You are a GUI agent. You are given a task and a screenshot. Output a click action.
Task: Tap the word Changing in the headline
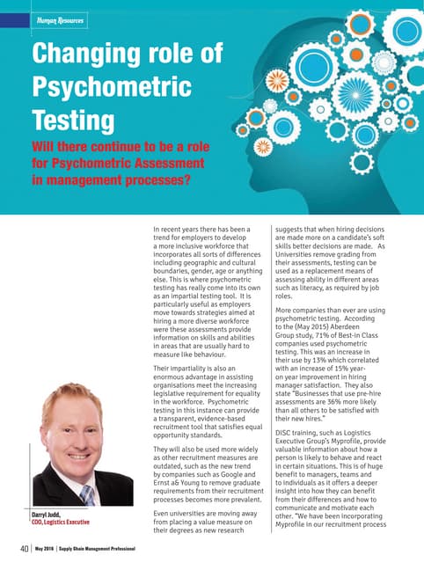[84, 55]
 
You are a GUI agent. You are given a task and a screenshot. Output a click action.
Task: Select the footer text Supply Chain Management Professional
[97, 550]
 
